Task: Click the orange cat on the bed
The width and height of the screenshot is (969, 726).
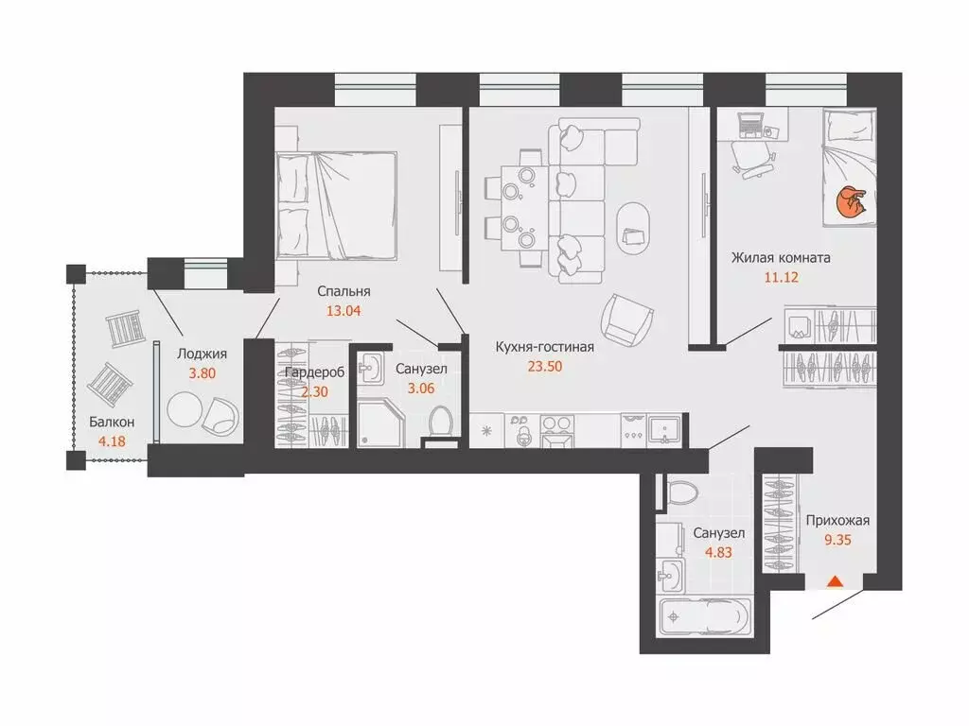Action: [851, 203]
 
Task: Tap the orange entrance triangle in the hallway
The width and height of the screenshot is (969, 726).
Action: [835, 581]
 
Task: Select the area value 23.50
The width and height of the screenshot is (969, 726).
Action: [545, 367]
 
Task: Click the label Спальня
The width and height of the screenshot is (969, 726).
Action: [344, 291]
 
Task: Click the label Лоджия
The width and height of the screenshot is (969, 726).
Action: [202, 354]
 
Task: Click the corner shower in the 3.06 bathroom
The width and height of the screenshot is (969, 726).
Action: [380, 423]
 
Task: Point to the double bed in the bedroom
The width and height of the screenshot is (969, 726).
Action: [337, 206]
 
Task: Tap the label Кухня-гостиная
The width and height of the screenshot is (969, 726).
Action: [545, 347]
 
